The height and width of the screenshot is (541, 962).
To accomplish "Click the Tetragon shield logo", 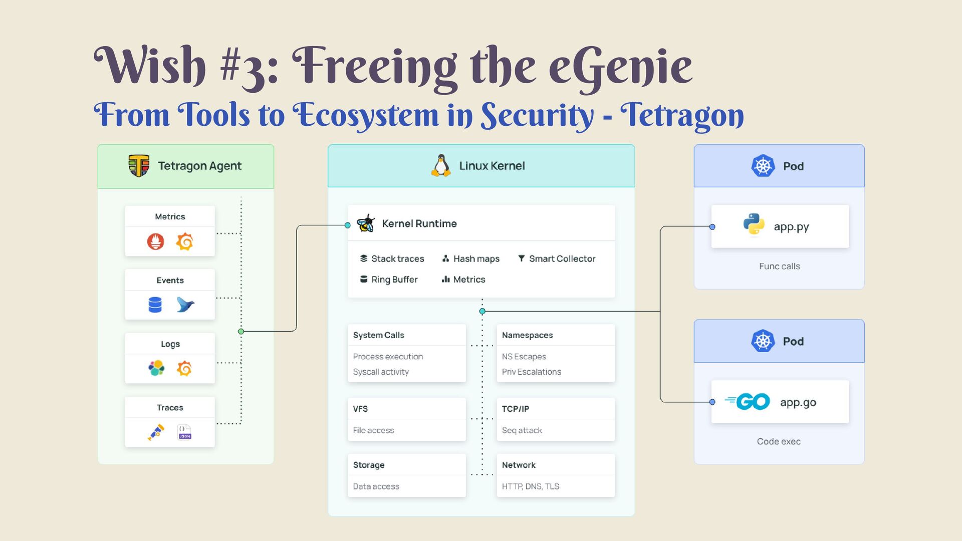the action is (139, 166).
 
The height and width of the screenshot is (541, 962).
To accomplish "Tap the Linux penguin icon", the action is (441, 165).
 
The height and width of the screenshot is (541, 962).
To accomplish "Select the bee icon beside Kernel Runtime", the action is (366, 223).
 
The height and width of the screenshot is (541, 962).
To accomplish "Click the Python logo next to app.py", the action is (754, 224).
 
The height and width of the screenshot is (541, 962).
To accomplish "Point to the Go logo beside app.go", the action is (748, 402).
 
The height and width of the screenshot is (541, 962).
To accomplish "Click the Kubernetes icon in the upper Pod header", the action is (763, 166).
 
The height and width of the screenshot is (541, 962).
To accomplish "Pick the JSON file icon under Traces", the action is (184, 432).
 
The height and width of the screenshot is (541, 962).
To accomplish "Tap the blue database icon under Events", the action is (155, 305).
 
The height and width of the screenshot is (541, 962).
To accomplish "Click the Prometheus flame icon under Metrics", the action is (155, 241).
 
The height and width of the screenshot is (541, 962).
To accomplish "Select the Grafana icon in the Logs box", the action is (184, 369).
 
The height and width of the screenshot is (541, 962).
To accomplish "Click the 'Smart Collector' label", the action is (562, 258).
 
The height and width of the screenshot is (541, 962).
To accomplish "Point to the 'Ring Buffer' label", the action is (394, 280).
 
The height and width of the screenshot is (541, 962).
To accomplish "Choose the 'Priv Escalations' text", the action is (531, 372).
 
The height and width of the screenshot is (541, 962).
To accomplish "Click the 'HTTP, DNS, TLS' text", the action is (530, 486).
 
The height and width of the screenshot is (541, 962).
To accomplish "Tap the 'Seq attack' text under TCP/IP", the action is (522, 430).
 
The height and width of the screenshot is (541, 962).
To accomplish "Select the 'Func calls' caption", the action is (779, 266).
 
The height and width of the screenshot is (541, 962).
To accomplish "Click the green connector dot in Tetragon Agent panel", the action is (241, 331).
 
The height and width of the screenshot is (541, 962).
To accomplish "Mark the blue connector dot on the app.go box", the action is (712, 402).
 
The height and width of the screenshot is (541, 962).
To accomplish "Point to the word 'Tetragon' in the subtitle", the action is (682, 115).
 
